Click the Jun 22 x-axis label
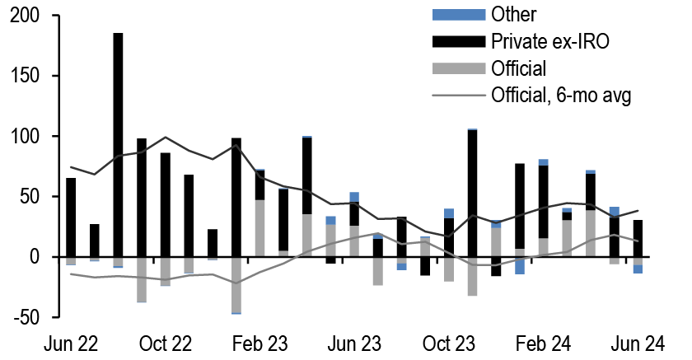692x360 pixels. pos(70,342)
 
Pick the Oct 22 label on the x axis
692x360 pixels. pos(165,342)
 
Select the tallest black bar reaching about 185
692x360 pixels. pos(118,148)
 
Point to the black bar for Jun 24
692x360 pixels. pos(638,239)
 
